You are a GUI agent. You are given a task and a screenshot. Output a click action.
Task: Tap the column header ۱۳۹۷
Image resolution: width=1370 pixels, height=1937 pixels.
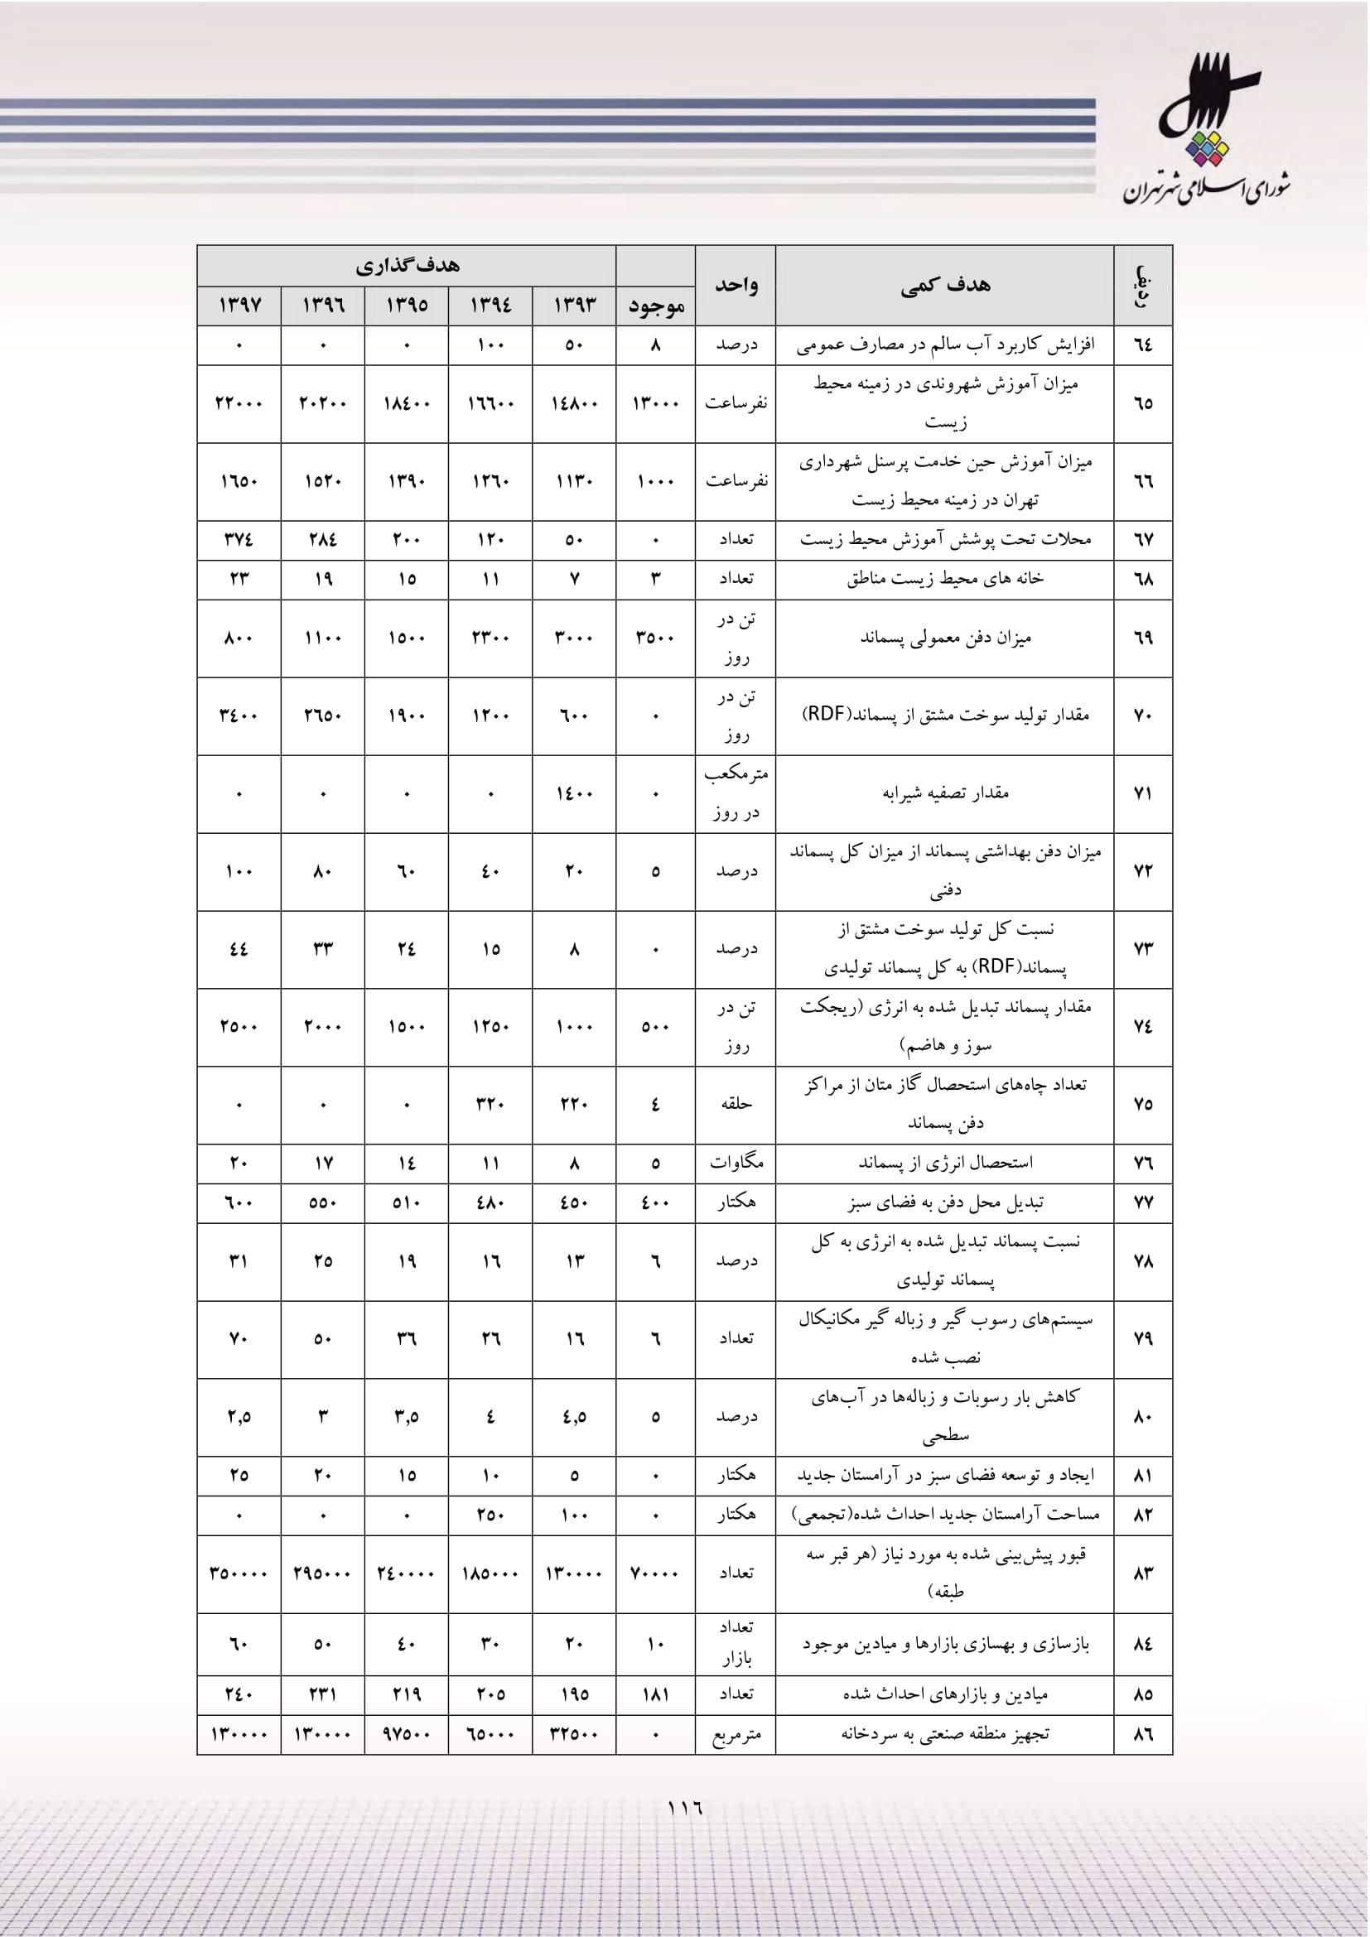(x=239, y=305)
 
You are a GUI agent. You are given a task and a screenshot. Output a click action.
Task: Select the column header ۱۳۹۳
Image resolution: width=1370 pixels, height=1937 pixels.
(x=575, y=305)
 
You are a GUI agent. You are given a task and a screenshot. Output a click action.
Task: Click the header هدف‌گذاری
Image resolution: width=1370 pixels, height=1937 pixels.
(x=407, y=266)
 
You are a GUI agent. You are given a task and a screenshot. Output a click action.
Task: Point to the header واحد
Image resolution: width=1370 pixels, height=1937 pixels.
(x=736, y=285)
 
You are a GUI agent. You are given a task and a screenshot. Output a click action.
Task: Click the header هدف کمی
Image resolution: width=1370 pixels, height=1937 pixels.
(x=945, y=285)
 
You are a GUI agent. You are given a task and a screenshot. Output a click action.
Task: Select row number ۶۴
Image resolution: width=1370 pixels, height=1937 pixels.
(x=1142, y=345)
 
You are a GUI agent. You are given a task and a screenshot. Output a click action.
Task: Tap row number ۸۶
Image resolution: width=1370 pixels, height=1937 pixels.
(x=1142, y=1735)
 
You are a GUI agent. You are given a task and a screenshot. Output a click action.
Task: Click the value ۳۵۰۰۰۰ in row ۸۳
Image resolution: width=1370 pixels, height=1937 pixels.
(x=239, y=1573)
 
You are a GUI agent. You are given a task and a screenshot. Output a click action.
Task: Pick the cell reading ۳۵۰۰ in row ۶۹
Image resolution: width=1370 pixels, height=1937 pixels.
(x=655, y=638)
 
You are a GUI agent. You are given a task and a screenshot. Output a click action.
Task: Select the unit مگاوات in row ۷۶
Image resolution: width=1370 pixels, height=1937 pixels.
(x=736, y=1163)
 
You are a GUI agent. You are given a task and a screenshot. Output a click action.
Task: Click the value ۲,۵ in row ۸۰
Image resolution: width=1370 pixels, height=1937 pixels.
(x=239, y=1416)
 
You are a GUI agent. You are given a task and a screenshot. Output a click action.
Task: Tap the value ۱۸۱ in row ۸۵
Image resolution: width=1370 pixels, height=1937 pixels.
(x=655, y=1694)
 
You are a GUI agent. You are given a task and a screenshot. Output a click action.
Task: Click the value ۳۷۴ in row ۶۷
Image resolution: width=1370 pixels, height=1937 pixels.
(x=239, y=539)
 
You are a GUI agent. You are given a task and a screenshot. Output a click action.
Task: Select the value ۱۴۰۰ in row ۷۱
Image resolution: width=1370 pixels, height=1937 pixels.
(x=575, y=794)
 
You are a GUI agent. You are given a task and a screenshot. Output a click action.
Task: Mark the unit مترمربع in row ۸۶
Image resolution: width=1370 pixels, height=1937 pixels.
(x=736, y=1735)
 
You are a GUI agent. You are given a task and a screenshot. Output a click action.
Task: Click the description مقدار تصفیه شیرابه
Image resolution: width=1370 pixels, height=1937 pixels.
(x=945, y=793)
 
